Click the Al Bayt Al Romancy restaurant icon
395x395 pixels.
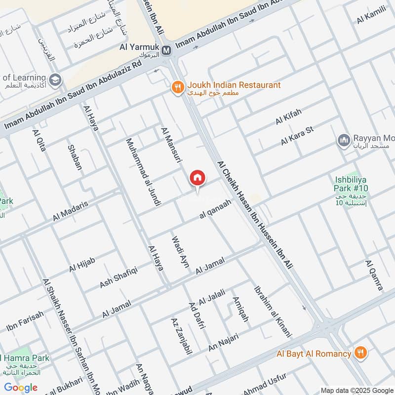click(361, 353)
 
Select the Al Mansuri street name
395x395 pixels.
click(168, 143)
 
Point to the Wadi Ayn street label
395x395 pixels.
click(180, 251)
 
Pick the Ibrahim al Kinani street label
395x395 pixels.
click(272, 311)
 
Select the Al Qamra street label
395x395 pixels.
click(374, 275)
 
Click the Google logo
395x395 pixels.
click(21, 388)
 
